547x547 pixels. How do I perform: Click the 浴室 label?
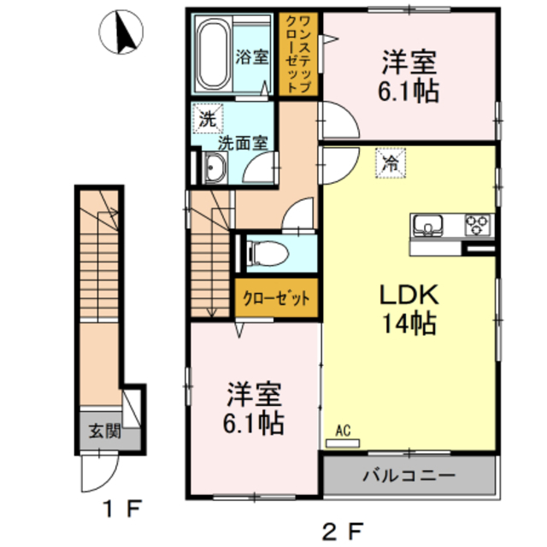[x=252, y=58]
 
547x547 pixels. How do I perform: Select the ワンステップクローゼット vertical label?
[x=298, y=53]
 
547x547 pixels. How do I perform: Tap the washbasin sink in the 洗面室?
[x=213, y=169]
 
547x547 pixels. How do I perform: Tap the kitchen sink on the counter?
[x=427, y=226]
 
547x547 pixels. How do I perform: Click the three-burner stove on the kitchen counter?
[x=478, y=225]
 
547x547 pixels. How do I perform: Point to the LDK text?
[x=409, y=295]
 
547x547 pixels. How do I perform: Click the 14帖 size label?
[x=409, y=324]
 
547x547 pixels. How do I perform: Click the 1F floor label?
[x=121, y=510]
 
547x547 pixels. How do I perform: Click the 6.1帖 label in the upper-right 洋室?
[x=410, y=91]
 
